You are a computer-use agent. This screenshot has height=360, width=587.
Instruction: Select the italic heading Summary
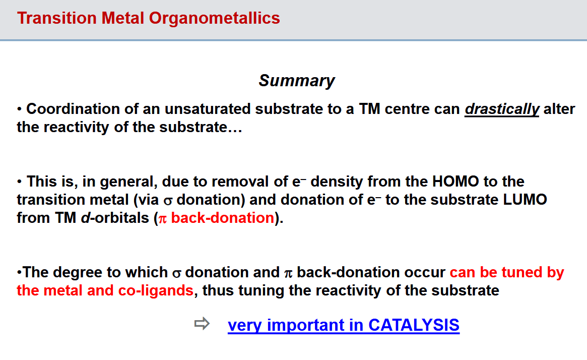pos(297,81)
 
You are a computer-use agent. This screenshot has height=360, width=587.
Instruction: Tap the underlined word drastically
pos(502,109)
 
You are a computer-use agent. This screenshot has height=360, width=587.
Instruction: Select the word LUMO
pos(525,200)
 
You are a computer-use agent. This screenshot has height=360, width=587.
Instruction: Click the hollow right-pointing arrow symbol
pos(202,324)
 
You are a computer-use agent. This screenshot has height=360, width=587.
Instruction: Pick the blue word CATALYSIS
pos(414,325)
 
